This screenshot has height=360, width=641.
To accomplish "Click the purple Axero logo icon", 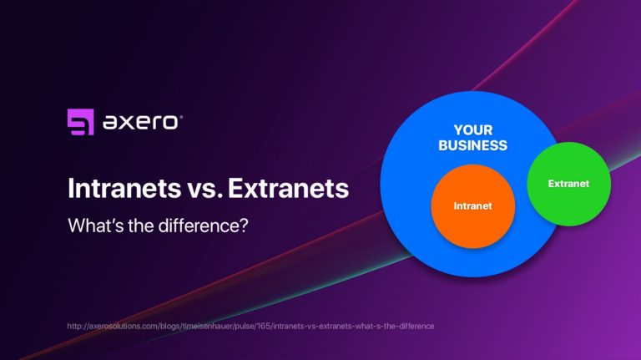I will point(80,122).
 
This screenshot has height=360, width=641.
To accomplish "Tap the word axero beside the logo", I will point(139,122).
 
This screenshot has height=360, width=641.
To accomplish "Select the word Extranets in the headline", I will point(287,188).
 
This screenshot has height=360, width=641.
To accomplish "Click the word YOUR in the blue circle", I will point(473,130).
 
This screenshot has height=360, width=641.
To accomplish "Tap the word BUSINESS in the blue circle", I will point(473,145).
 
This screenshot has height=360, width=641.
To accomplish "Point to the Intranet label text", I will point(472,205).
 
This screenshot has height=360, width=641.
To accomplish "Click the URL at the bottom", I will point(250,325).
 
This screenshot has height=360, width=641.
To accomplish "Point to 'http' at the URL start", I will point(74,325).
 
